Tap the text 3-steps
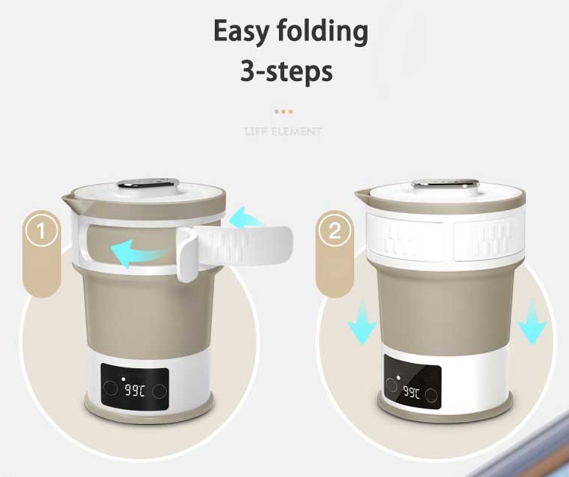(x=286, y=72)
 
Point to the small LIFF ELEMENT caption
(x=283, y=132)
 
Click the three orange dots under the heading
(x=283, y=112)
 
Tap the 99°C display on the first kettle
(x=135, y=391)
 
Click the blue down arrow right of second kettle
(x=532, y=323)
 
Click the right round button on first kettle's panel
(x=160, y=391)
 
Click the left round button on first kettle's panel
(x=112, y=390)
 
